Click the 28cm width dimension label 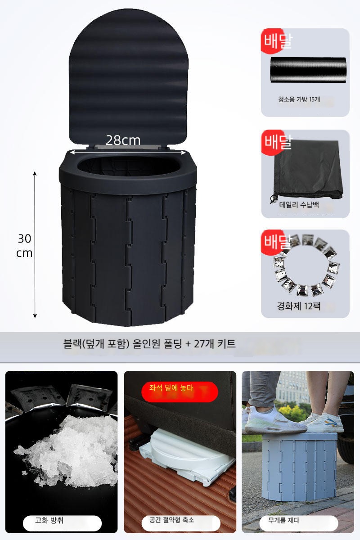[x=123, y=140]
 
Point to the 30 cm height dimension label [x=24, y=246]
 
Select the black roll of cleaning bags [x=308, y=70]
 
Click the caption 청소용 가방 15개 [x=299, y=99]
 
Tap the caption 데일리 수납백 [x=299, y=205]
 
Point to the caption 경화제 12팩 [x=299, y=306]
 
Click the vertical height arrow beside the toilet [x=35, y=245]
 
